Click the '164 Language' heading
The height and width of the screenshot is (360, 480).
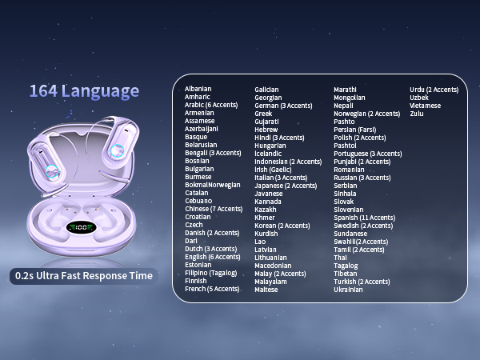(x=84, y=91)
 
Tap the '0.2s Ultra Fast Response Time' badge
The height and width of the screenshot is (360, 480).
(x=84, y=276)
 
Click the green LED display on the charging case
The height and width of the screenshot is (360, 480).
(x=82, y=228)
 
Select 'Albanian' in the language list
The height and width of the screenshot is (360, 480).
(x=198, y=89)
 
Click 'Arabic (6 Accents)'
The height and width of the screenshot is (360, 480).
(x=211, y=105)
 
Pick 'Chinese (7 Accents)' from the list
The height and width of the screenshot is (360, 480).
(x=214, y=209)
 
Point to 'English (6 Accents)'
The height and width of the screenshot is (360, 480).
(x=213, y=257)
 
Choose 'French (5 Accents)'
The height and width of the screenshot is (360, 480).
(x=212, y=289)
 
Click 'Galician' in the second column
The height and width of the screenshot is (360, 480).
(x=267, y=90)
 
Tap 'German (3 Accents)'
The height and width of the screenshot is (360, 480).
(x=283, y=106)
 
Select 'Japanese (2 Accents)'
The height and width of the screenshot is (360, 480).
(x=286, y=186)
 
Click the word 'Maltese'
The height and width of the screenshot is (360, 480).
(x=266, y=290)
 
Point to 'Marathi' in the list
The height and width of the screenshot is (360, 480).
(x=346, y=90)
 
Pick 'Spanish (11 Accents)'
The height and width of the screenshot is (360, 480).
(x=364, y=218)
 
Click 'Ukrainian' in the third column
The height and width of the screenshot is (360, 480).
(x=348, y=290)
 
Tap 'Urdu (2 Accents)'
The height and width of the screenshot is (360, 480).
(x=434, y=90)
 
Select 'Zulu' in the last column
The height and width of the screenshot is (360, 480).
(x=417, y=114)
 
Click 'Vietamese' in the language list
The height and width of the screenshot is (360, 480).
(x=425, y=106)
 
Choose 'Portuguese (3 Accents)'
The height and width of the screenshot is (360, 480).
(x=368, y=154)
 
